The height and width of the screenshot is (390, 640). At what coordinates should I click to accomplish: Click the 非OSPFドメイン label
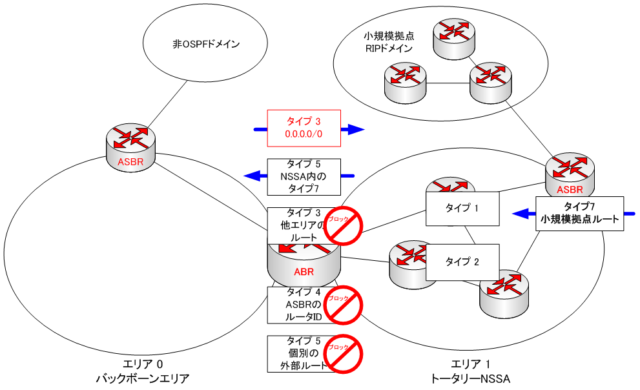[206, 45]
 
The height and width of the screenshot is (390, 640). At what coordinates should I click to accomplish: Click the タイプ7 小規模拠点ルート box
[579, 214]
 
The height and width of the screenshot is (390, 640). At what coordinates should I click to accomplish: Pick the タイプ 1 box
[463, 208]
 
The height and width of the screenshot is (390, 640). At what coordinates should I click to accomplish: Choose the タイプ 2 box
[463, 262]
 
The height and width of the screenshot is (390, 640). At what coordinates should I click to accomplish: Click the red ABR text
[304, 271]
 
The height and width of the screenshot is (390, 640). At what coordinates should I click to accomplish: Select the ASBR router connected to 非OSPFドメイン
[132, 146]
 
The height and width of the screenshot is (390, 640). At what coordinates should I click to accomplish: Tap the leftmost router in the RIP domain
[404, 81]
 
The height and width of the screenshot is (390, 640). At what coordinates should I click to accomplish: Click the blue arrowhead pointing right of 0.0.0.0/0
[354, 130]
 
